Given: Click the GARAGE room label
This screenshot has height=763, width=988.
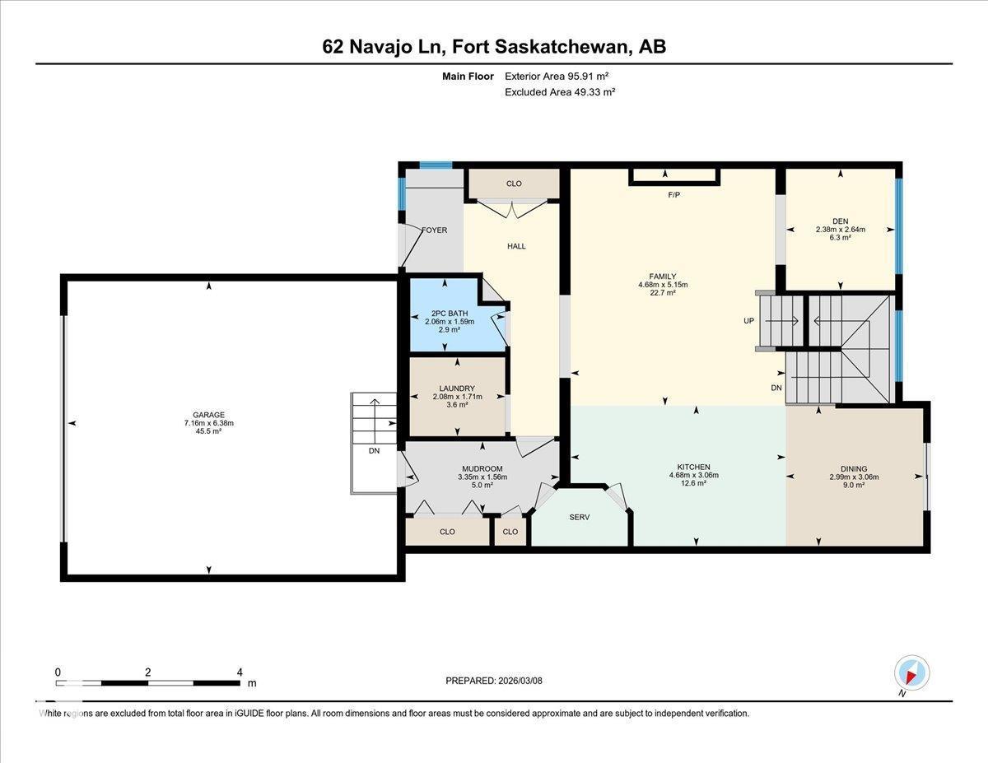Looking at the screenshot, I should (x=209, y=415).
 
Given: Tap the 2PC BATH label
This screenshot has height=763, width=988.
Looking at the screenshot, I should (x=445, y=313).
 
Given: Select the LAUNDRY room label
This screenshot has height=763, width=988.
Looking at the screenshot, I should (x=456, y=388).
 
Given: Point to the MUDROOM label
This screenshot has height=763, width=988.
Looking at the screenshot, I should (x=482, y=468).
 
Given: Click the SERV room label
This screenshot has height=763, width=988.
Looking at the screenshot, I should (x=580, y=518).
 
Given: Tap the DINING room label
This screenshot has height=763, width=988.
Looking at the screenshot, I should (x=848, y=468).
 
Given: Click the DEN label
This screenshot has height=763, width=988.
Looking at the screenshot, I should (x=840, y=221).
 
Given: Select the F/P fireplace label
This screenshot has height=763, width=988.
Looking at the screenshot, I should (x=674, y=195).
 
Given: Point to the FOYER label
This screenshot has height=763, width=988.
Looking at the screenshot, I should (x=434, y=230).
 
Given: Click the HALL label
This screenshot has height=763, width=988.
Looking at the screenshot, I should (x=516, y=246).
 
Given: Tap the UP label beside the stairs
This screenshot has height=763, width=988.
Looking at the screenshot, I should (x=748, y=320).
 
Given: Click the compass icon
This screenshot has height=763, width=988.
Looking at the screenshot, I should (x=911, y=673).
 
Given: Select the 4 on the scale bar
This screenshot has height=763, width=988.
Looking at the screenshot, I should (x=240, y=672).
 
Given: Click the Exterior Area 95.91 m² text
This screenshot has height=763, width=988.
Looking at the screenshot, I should (x=561, y=76).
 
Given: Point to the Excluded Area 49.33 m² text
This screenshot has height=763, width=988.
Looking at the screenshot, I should (x=560, y=92).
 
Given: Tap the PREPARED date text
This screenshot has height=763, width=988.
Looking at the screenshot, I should (x=494, y=681).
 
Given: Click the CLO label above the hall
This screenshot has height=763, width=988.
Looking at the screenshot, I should (x=514, y=184).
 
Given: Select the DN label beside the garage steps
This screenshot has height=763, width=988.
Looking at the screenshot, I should (x=374, y=450).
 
